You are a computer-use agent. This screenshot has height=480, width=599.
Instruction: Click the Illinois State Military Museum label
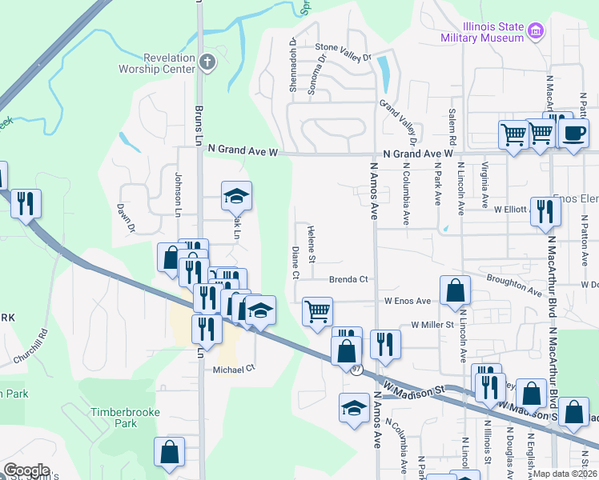coord(482,31)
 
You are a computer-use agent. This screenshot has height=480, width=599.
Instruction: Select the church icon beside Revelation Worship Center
coord(207,62)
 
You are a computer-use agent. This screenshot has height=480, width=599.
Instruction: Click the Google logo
coord(26,470)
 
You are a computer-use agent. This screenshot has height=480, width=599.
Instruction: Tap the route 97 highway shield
coord(356,369)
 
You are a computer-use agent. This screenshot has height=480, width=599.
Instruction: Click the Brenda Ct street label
coord(348,279)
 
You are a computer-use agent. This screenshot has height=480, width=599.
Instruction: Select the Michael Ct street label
coord(233,369)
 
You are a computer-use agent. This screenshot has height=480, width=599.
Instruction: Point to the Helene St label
coord(312,244)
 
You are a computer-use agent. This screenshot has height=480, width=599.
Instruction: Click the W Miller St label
coord(432,325)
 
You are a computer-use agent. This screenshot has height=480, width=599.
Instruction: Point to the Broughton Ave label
coord(515,281)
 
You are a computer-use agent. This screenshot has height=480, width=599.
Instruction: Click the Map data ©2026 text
coord(565,474)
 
